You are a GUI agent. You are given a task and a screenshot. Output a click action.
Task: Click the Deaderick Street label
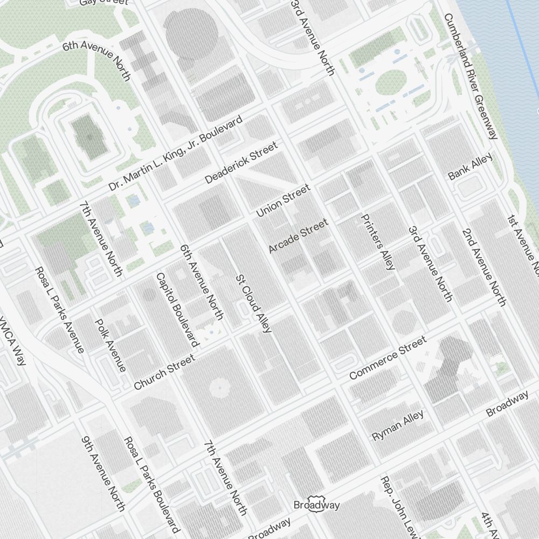click(241, 162)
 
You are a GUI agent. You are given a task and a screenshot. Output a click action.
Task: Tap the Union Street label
click(283, 201)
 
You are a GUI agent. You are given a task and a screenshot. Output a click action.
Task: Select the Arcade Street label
click(298, 236)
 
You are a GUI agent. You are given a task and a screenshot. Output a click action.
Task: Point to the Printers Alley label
click(378, 242)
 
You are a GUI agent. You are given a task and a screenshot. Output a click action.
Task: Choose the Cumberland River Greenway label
click(471, 76)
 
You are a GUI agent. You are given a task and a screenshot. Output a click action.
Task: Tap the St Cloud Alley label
click(253, 303)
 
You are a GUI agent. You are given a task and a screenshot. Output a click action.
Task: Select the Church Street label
click(164, 372)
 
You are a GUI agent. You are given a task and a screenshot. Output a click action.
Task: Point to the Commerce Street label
click(388, 358)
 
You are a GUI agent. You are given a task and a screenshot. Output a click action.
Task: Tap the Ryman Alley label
click(398, 426)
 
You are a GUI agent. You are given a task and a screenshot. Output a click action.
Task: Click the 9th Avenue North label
click(103, 473)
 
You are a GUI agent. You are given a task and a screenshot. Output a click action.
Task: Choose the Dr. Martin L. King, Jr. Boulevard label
click(175, 154)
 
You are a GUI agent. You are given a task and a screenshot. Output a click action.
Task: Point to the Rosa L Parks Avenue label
click(59, 309)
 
